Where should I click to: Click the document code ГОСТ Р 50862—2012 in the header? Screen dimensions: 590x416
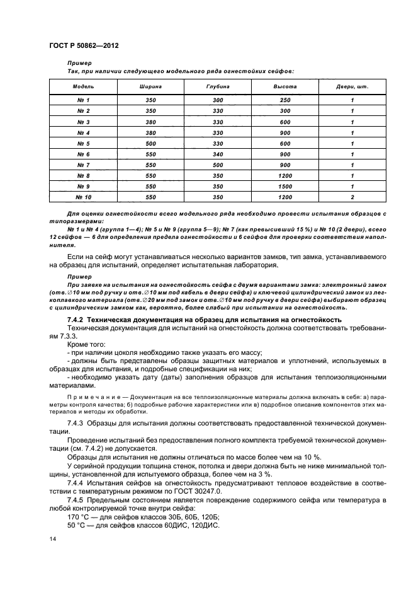click(84, 47)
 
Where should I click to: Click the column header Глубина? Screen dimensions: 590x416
click(218, 86)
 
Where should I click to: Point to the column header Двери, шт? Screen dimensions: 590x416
click(352, 86)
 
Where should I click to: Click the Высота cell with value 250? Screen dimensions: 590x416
click(284, 100)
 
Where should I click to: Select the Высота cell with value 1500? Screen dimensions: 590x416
click(284, 186)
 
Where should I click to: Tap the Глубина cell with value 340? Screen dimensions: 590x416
click(218, 154)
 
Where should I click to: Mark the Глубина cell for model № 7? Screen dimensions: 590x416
click(218, 165)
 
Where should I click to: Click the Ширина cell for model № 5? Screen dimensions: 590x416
click(150, 143)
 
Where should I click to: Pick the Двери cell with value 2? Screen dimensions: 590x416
click(352, 197)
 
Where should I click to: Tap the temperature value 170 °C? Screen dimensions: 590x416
click(78, 514)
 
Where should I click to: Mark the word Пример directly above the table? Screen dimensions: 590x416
click(79, 64)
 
